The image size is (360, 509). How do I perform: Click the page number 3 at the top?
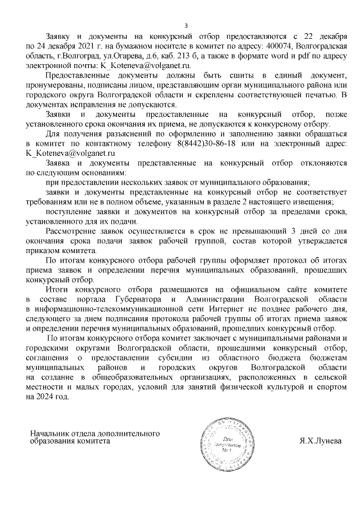point(186,25)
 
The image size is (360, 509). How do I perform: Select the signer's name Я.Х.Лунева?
point(320,441)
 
